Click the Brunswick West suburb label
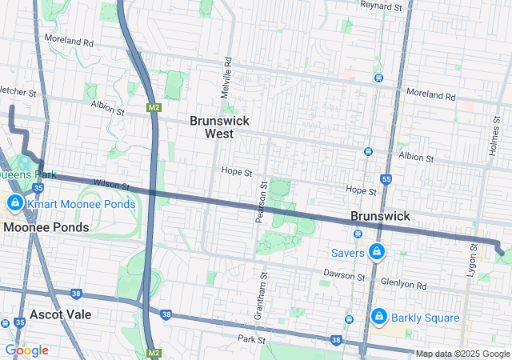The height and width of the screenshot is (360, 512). coord(219,127)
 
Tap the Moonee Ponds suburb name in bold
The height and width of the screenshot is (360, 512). coord(46,227)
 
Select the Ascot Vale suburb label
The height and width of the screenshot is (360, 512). coord(61,314)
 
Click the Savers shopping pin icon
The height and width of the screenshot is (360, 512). coord(377,253)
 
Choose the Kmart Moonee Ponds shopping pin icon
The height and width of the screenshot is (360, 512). coord(14,204)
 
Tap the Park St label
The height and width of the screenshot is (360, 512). coord(250,339)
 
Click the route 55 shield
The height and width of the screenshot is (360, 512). coord(386,179)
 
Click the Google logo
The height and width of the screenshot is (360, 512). coord(26,350)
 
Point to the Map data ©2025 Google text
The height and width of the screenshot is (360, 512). coord(462,354)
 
